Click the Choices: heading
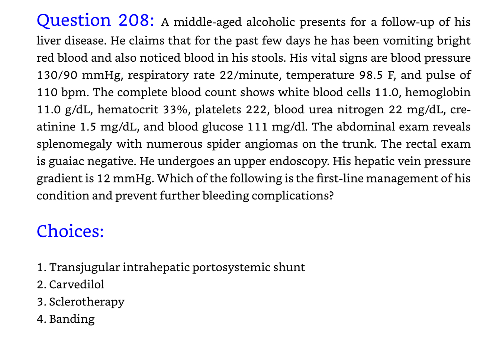click(x=70, y=231)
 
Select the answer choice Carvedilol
click(x=77, y=285)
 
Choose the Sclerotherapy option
click(x=87, y=302)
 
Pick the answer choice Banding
click(x=72, y=319)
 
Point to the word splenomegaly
click(x=74, y=144)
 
